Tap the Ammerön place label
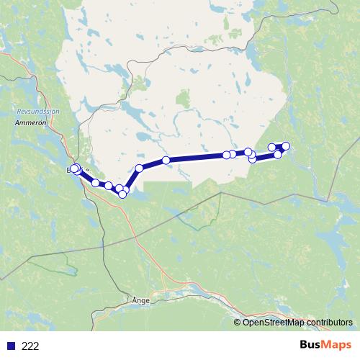coord(30,123)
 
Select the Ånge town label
coord(140,300)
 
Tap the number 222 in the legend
coord(30,346)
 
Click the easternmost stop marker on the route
coord(285,146)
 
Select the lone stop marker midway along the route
coord(166,160)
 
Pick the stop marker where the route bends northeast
coord(140,168)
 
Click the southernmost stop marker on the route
coord(123,194)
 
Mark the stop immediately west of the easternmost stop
coord(272,148)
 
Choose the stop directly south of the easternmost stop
coord(278,155)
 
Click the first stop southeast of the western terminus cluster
coord(95,183)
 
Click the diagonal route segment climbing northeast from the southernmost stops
coord(132,179)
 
